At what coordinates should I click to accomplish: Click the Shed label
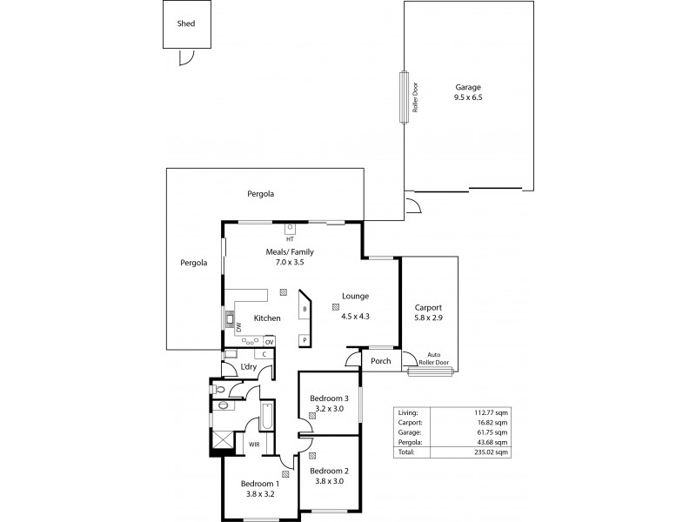click(x=185, y=24)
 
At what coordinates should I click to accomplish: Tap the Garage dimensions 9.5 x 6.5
click(x=468, y=98)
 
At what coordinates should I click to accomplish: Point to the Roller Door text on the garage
click(x=416, y=97)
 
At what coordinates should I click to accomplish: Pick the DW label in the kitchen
click(x=238, y=327)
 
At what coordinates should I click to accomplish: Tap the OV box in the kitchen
click(x=269, y=342)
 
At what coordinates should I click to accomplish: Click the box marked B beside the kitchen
click(x=304, y=309)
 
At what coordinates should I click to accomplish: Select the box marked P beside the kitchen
click(x=304, y=340)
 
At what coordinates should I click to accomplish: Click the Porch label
click(x=381, y=361)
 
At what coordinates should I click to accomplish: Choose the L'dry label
click(x=248, y=367)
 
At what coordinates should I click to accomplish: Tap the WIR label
click(x=254, y=444)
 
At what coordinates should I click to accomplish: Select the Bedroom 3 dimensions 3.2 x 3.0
click(x=328, y=408)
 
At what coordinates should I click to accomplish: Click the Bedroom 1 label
click(x=259, y=484)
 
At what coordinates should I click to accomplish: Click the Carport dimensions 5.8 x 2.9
click(x=428, y=318)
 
